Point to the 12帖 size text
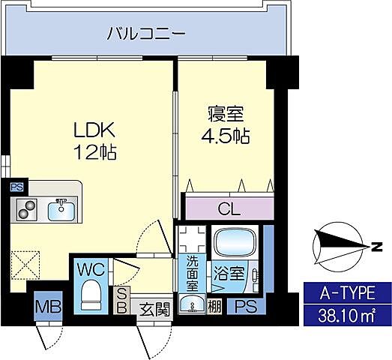click(94, 153)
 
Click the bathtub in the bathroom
click(235, 243)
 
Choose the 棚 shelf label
click(214, 307)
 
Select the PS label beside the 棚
click(245, 307)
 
